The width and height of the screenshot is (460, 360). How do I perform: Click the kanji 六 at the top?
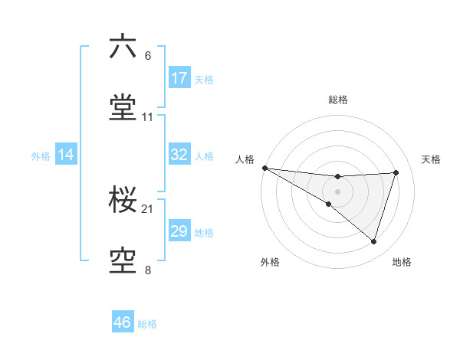pyautogui.click(x=123, y=47)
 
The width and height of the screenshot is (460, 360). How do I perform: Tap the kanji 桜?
pyautogui.click(x=123, y=200)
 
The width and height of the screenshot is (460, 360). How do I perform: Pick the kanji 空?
pyautogui.click(x=123, y=260)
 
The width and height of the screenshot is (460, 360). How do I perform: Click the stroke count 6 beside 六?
pyautogui.click(x=148, y=56)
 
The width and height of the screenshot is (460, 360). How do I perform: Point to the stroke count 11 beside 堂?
pyautogui.click(x=148, y=116)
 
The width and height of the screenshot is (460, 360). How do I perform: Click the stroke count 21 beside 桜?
pyautogui.click(x=148, y=209)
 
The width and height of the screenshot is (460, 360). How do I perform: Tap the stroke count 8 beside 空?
pyautogui.click(x=148, y=270)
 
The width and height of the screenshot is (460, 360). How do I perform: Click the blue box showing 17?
pyautogui.click(x=179, y=78)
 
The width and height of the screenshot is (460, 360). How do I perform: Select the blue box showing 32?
pyautogui.click(x=179, y=155)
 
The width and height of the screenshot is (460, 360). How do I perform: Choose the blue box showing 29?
pyautogui.click(x=179, y=231)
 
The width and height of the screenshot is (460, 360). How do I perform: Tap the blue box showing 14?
pyautogui.click(x=66, y=155)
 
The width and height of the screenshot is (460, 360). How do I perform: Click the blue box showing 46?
pyautogui.click(x=123, y=322)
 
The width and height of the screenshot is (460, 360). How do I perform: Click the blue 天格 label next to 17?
pyautogui.click(x=204, y=80)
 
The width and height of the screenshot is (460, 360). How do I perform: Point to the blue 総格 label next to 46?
pyautogui.click(x=147, y=324)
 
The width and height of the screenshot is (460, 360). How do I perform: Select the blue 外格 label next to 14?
pyautogui.click(x=41, y=156)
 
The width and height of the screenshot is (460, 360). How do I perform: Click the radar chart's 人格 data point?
pyautogui.click(x=264, y=167)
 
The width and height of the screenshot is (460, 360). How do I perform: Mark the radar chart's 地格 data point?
pyautogui.click(x=374, y=242)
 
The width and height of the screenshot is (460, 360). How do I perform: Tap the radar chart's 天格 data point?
pyautogui.click(x=396, y=172)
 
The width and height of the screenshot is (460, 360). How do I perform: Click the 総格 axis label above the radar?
pyautogui.click(x=338, y=100)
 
